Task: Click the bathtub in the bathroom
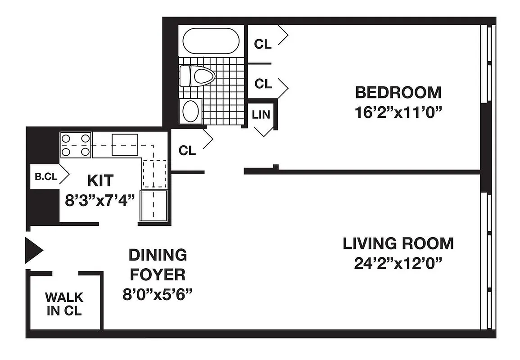211,41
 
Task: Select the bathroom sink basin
191,111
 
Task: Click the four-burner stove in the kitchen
76,145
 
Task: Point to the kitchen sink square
125,144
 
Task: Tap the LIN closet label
261,114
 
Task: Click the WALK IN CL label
64,304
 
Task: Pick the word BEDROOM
398,93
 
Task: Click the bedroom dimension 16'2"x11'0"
398,112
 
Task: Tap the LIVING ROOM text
398,243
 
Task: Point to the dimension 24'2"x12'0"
398,263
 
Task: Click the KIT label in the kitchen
100,181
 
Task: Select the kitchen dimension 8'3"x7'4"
100,200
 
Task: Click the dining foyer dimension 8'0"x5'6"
158,294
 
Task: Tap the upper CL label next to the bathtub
263,44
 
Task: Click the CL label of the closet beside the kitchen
187,151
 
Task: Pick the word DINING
158,255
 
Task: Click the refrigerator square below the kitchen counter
154,206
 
